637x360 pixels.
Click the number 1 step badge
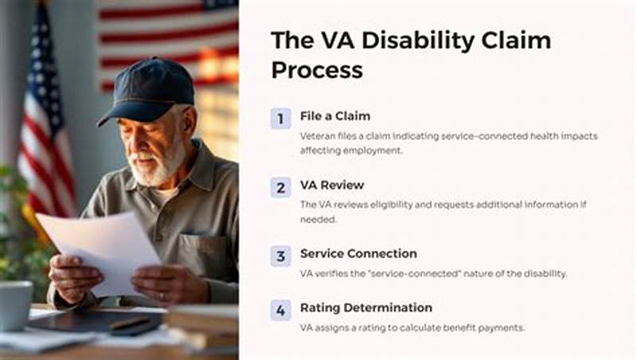click(x=280, y=119)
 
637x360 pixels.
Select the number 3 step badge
click(x=280, y=256)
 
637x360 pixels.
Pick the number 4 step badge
click(x=280, y=310)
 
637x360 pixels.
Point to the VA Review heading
click(x=332, y=185)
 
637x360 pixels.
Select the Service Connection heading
click(x=358, y=253)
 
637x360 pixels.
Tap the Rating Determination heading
click(x=365, y=307)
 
